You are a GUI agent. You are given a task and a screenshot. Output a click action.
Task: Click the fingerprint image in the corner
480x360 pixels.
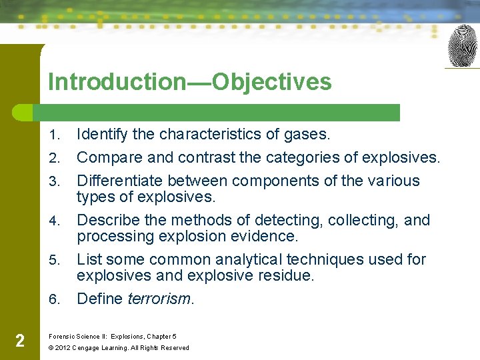tap(463, 46)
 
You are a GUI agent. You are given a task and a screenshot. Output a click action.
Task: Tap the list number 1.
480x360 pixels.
tap(55, 135)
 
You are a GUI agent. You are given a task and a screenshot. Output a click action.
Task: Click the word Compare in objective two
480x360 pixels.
tap(107, 158)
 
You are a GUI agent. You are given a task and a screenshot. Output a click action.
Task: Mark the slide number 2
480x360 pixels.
tap(20, 341)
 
